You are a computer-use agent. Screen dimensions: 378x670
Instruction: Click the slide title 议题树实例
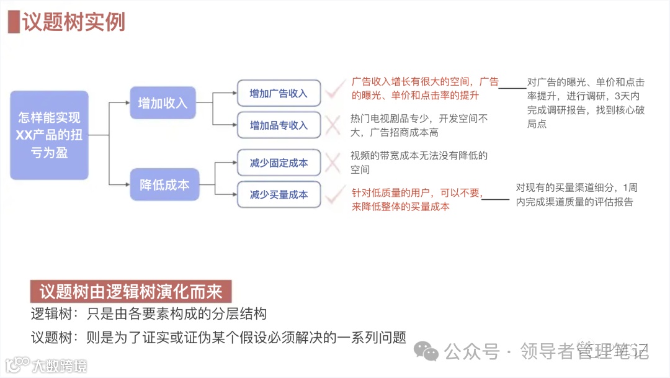[74, 22]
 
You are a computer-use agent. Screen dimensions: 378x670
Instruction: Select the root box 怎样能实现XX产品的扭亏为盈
[49, 135]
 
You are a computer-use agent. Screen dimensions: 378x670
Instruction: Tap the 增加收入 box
[163, 102]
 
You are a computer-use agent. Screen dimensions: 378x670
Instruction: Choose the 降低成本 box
[164, 184]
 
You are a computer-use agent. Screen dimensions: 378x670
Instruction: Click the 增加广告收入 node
[279, 93]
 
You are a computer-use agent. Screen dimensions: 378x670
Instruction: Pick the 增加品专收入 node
[279, 125]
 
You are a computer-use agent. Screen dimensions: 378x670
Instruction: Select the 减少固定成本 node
[279, 163]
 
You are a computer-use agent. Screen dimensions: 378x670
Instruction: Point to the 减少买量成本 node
[279, 194]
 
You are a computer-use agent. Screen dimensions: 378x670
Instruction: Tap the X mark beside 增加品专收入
[333, 126]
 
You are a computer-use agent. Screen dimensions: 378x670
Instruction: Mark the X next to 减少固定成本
[333, 163]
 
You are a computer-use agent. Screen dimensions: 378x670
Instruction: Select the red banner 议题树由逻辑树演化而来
[131, 292]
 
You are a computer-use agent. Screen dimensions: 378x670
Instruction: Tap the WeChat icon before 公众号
[427, 351]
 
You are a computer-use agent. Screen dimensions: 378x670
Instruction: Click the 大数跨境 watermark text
[60, 365]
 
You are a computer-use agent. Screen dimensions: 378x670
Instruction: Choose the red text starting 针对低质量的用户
[417, 200]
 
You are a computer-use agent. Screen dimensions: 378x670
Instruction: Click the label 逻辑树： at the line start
[56, 314]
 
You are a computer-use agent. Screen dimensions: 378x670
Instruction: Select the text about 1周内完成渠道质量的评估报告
[575, 194]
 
